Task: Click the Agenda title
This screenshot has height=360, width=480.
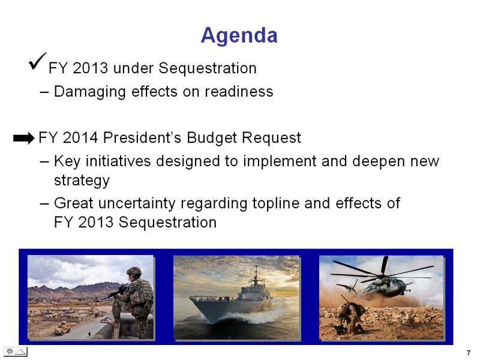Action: (x=239, y=36)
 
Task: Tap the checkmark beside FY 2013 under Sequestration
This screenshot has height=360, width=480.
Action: (x=37, y=62)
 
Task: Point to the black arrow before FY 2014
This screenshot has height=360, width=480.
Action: (x=23, y=138)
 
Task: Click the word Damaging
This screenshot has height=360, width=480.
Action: (x=89, y=92)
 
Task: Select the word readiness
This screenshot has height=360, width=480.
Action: (x=239, y=91)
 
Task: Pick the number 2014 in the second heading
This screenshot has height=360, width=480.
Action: (x=80, y=137)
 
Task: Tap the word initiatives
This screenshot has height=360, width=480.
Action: (x=118, y=161)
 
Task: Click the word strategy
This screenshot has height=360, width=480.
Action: (x=82, y=181)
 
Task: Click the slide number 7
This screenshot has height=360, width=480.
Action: (x=469, y=353)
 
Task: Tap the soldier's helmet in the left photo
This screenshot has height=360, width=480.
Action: (x=134, y=271)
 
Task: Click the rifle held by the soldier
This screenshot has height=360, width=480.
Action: (x=115, y=292)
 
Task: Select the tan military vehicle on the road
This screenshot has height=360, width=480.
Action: (x=63, y=328)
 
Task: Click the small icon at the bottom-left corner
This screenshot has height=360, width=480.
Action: (x=16, y=352)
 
